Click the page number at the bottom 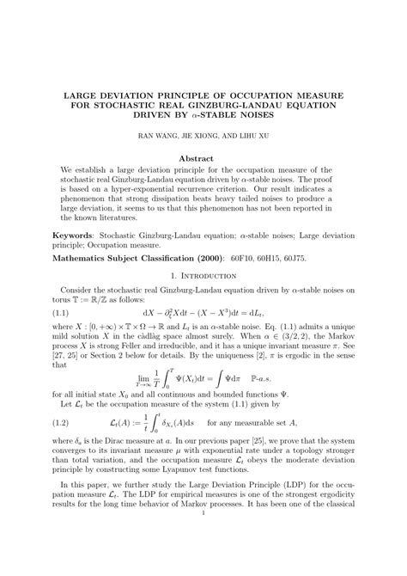click(203, 540)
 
